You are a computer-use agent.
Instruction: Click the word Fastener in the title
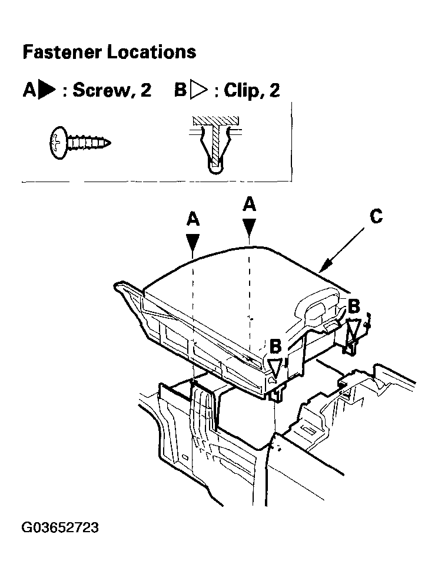(62, 52)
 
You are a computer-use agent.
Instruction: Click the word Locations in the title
(151, 52)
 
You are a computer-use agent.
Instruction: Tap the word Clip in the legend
(240, 90)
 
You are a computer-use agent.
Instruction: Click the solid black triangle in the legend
(47, 90)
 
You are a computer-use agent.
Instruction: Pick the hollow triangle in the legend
(198, 91)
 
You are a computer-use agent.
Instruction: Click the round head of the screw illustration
(58, 143)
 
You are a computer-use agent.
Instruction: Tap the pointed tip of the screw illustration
(110, 143)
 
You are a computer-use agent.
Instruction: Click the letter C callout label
(376, 216)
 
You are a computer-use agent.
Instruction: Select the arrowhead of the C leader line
(323, 268)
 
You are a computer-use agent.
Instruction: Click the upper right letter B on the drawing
(353, 306)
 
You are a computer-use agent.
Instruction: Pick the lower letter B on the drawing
(275, 347)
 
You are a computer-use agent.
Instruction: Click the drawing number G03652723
(60, 527)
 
